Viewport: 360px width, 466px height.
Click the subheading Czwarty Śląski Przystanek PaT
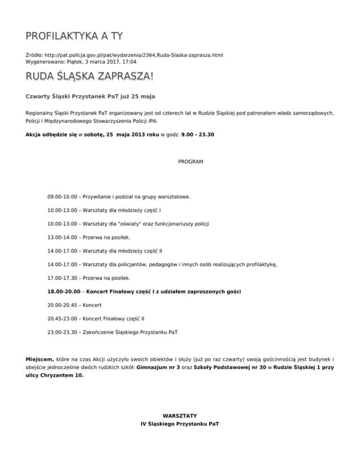coord(77,97)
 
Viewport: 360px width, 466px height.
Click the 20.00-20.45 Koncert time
coord(63,306)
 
